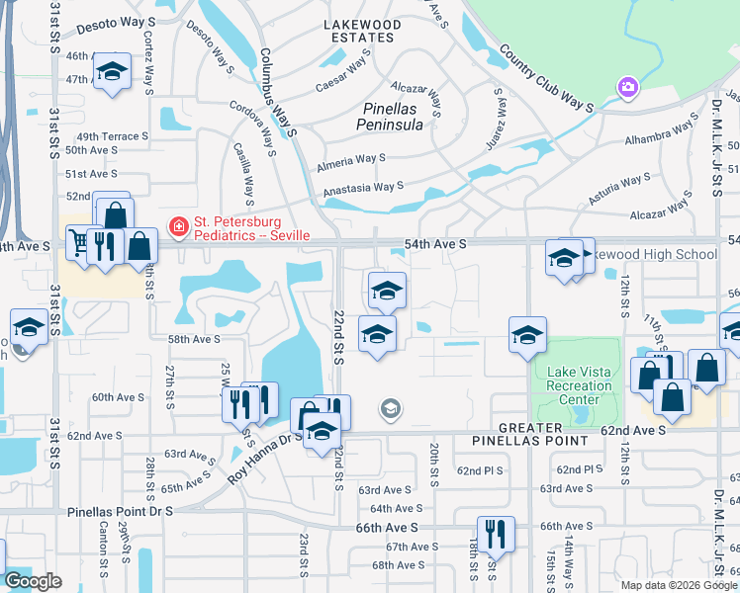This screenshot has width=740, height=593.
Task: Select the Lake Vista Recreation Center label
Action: pos(580,385)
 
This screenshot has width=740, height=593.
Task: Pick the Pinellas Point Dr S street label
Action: pos(121,512)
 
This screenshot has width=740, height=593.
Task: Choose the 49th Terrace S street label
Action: pos(112,136)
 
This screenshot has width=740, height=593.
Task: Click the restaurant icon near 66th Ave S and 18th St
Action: pos(496,533)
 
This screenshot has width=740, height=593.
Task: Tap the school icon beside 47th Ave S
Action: pos(113,72)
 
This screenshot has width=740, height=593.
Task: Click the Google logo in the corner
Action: pos(32,581)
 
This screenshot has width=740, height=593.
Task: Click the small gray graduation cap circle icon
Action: pos(391,409)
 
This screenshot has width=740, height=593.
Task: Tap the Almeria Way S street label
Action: pos(350,158)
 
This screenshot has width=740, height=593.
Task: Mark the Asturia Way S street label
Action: pos(619,185)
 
